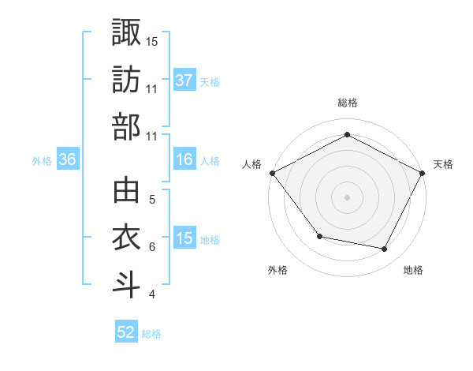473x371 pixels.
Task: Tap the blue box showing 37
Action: click(x=184, y=80)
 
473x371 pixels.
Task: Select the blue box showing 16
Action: click(x=184, y=159)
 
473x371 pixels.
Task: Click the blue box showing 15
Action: click(x=184, y=238)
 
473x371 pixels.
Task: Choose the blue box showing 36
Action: click(x=68, y=159)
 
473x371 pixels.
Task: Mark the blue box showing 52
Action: click(x=126, y=332)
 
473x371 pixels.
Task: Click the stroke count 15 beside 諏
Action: click(x=152, y=41)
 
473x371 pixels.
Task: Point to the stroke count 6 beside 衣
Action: click(x=151, y=247)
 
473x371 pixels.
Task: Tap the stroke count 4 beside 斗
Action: click(x=151, y=295)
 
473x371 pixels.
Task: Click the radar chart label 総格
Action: click(x=347, y=103)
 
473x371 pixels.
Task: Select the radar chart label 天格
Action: click(x=444, y=164)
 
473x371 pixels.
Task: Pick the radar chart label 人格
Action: click(x=251, y=164)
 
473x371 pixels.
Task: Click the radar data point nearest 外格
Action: click(x=318, y=236)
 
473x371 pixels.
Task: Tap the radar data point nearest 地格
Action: click(x=385, y=249)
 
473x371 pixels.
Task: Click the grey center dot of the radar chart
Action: click(x=347, y=197)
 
